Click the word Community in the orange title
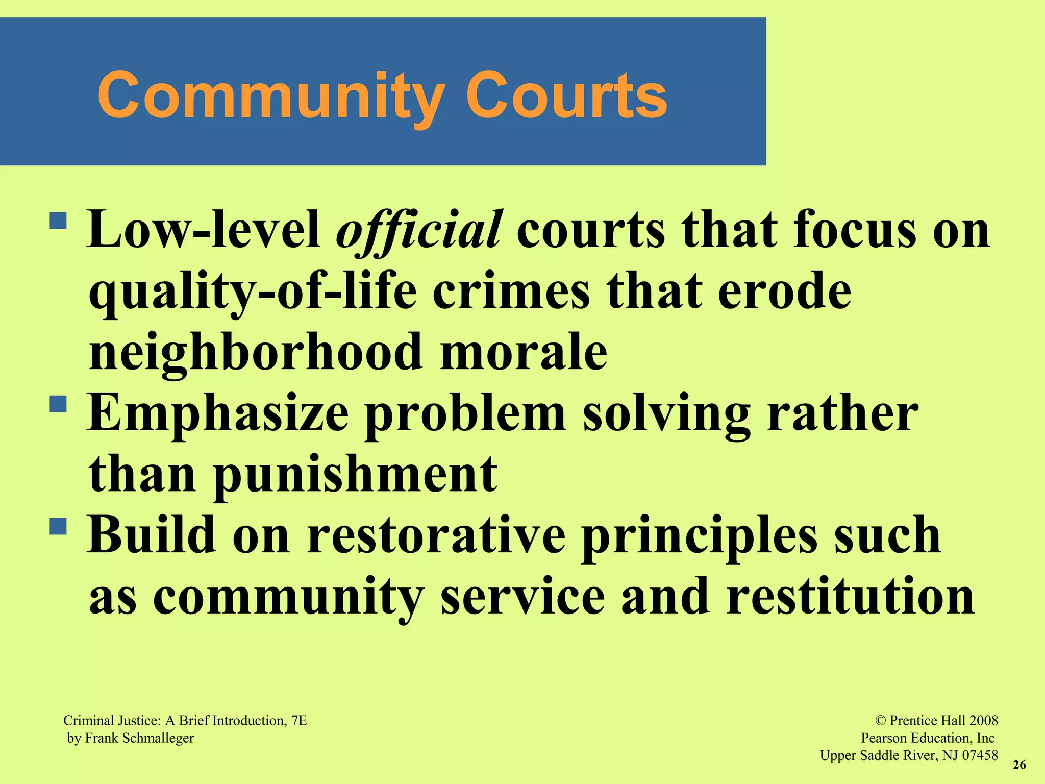click(x=270, y=95)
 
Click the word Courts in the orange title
click(x=566, y=95)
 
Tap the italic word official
click(x=419, y=231)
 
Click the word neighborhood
click(x=256, y=352)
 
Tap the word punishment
click(x=355, y=475)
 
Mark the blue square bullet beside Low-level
click(x=59, y=220)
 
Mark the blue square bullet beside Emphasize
click(x=59, y=404)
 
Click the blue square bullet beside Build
click(x=59, y=526)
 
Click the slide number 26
click(x=1019, y=765)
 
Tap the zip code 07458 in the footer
click(x=980, y=755)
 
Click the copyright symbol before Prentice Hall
click(x=880, y=721)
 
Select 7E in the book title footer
click(x=299, y=721)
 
